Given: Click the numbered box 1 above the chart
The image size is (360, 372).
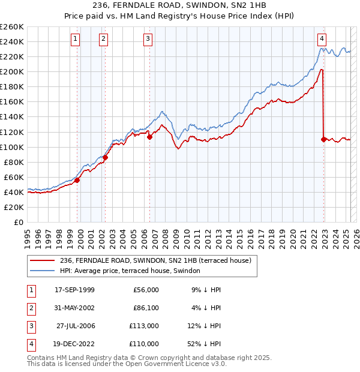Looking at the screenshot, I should (x=76, y=39).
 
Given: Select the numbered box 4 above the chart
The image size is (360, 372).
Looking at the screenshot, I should (x=322, y=39).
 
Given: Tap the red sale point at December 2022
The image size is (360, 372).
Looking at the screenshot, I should (x=324, y=139).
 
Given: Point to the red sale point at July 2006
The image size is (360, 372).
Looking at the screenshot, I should (x=150, y=137).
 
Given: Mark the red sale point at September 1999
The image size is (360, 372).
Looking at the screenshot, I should (x=77, y=180).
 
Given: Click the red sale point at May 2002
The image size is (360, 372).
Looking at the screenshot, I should (x=105, y=157).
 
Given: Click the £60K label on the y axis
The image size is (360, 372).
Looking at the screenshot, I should (x=13, y=177).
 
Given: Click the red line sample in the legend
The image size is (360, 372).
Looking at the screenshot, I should (x=43, y=260).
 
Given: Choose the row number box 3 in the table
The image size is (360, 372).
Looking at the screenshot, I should (x=30, y=326).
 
